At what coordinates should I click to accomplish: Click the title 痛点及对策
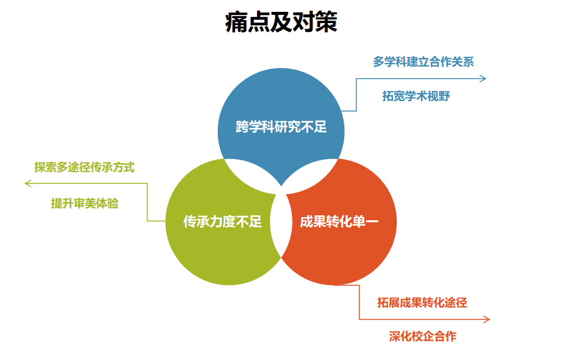coord(281,22)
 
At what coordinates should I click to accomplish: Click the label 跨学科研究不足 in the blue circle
coord(281,127)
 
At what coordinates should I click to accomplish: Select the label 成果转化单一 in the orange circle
coord(339,221)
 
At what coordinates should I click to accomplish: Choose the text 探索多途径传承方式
coord(84,167)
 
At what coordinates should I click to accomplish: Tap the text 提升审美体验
coord(85,203)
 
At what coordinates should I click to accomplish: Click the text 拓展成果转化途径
coord(422,303)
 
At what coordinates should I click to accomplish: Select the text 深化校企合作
coord(423,336)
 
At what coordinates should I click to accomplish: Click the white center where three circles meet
coord(281,218)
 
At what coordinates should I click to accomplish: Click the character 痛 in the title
coord(236,22)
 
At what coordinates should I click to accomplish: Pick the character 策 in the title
coord(326,22)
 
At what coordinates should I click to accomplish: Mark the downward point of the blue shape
coord(281,185)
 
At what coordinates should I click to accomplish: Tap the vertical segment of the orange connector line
coord(359,303)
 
